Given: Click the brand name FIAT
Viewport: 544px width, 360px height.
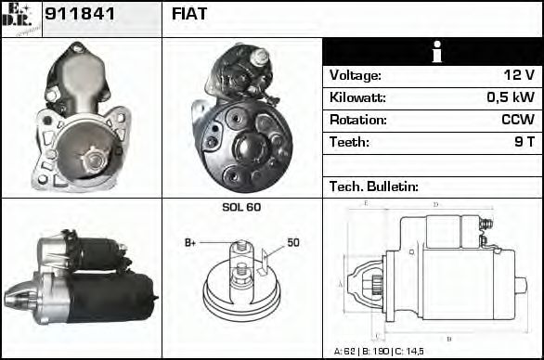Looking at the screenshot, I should pyautogui.click(x=189, y=15).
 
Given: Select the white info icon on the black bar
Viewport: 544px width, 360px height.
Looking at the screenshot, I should pyautogui.click(x=432, y=53).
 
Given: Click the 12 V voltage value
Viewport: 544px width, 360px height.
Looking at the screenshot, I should pyautogui.click(x=517, y=76).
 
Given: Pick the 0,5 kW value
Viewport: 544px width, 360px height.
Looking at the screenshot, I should pyautogui.click(x=511, y=98).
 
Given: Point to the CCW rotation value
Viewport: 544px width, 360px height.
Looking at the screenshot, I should pyautogui.click(x=516, y=121).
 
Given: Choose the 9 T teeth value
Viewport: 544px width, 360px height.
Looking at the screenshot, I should pyautogui.click(x=524, y=143).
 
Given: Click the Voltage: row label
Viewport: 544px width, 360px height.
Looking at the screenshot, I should pyautogui.click(x=355, y=76).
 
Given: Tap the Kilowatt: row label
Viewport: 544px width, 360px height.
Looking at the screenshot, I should pyautogui.click(x=357, y=98).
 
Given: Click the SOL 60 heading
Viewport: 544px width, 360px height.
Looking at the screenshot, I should pyautogui.click(x=241, y=207).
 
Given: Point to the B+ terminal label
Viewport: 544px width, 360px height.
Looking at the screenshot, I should pyautogui.click(x=190, y=243).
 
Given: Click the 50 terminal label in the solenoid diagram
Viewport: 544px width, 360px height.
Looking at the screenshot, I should pyautogui.click(x=292, y=243).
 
